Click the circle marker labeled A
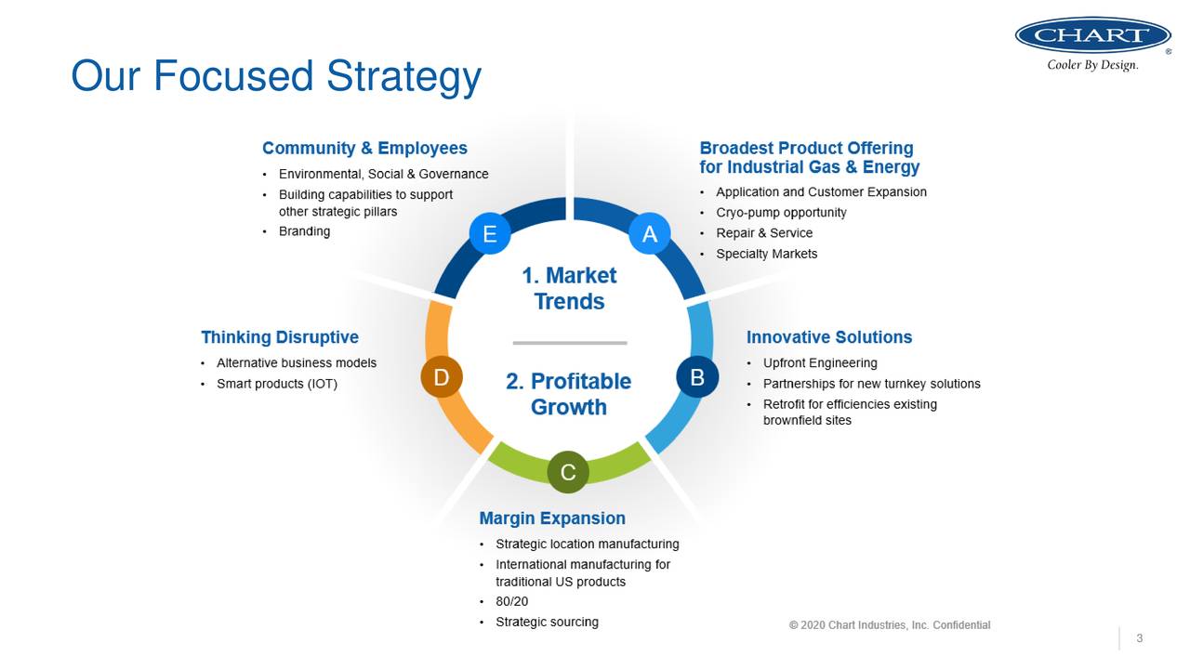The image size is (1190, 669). coord(649,234)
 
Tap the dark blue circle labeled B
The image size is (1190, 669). coord(697,377)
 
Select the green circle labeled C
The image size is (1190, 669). coord(568,472)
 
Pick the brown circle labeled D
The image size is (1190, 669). coord(442,377)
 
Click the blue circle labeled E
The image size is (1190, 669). coord(489,234)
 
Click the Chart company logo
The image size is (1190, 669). coord(1092,37)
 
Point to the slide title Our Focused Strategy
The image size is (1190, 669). coord(276,75)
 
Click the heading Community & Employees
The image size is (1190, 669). coord(364,149)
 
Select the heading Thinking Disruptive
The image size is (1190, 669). coord(280,337)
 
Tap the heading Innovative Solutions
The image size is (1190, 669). coord(829,337)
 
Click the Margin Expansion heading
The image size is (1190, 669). coord(552,518)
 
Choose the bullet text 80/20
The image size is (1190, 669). coord(511,602)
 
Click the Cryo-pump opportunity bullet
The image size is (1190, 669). coord(781,213)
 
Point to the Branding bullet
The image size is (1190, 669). coord(304,231)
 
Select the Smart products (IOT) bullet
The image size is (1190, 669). coord(277,384)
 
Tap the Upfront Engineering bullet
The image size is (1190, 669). coord(820,363)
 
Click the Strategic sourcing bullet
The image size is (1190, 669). coord(547,623)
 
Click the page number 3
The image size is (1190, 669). coord(1139,638)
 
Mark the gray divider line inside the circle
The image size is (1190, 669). coord(569,343)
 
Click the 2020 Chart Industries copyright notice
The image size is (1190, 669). coord(890,625)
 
